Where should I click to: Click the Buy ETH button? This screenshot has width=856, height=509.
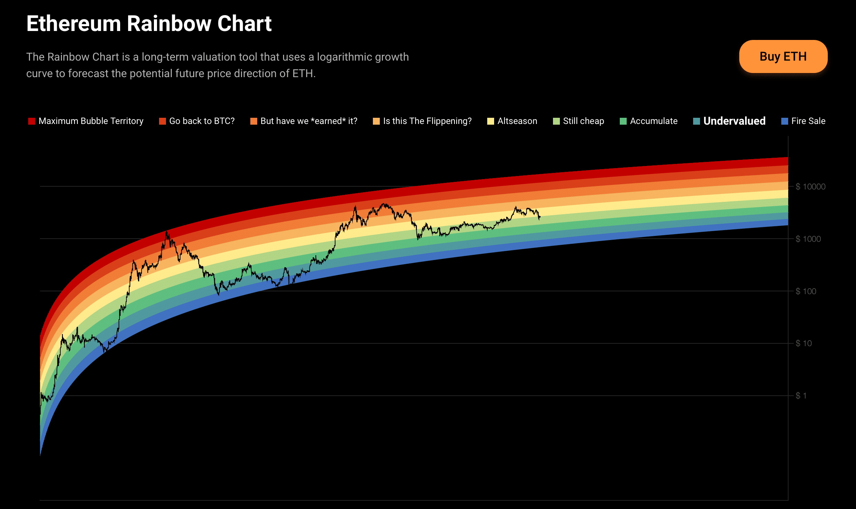[x=783, y=56]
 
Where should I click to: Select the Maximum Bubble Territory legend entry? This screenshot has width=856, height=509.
[x=86, y=121]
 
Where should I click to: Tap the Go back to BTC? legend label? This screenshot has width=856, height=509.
[x=202, y=121]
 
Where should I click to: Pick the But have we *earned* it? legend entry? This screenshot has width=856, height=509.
[x=304, y=121]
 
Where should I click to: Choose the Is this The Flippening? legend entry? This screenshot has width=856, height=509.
[x=422, y=121]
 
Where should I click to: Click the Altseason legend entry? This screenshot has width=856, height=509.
[x=512, y=121]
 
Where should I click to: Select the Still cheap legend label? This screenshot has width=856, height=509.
[x=584, y=121]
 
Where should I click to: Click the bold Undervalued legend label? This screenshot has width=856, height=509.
[x=734, y=121]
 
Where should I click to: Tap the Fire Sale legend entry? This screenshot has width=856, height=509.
[x=803, y=121]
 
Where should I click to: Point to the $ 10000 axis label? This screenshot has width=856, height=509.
[x=811, y=187]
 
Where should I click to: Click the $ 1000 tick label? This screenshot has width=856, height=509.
[x=808, y=239]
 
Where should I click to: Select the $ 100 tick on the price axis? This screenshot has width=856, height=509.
[x=806, y=291]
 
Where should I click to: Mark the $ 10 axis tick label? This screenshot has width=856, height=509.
[x=804, y=343]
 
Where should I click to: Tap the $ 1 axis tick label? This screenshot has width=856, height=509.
[x=801, y=396]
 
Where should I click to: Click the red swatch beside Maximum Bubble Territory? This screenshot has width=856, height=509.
[x=32, y=121]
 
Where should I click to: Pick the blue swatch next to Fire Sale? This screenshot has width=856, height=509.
[x=785, y=121]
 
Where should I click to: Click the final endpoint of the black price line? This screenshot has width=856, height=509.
[x=540, y=217]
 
